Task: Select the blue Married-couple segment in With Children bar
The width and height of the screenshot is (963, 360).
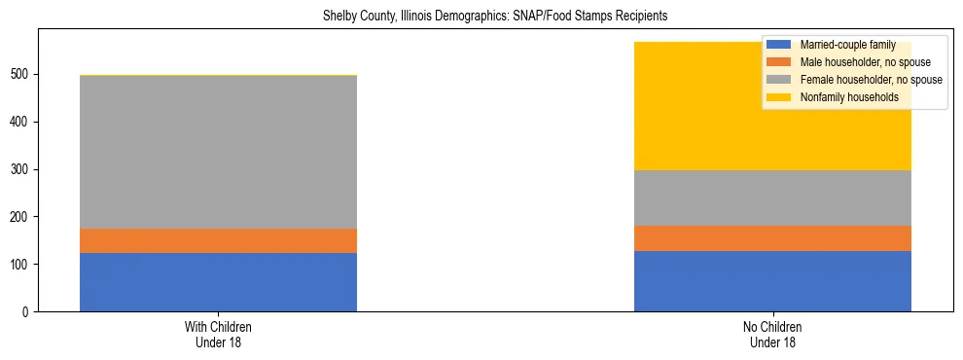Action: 218,282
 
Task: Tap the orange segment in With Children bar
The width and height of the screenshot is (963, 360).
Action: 218,240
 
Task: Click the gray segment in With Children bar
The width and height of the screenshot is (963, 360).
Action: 218,152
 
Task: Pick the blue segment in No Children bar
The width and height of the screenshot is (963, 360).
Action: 772,281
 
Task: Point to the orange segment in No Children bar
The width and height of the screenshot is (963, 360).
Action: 772,238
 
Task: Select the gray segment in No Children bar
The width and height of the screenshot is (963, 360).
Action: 772,198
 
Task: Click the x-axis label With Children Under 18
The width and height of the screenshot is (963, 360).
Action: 218,334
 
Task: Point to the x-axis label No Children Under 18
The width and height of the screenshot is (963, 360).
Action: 772,334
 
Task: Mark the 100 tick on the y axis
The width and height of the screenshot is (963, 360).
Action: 21,265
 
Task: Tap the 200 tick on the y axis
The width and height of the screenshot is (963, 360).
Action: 21,217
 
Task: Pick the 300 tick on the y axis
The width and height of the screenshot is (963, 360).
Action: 21,169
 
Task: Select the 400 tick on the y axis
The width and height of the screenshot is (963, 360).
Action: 21,122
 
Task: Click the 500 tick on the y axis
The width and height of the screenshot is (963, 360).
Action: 21,74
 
